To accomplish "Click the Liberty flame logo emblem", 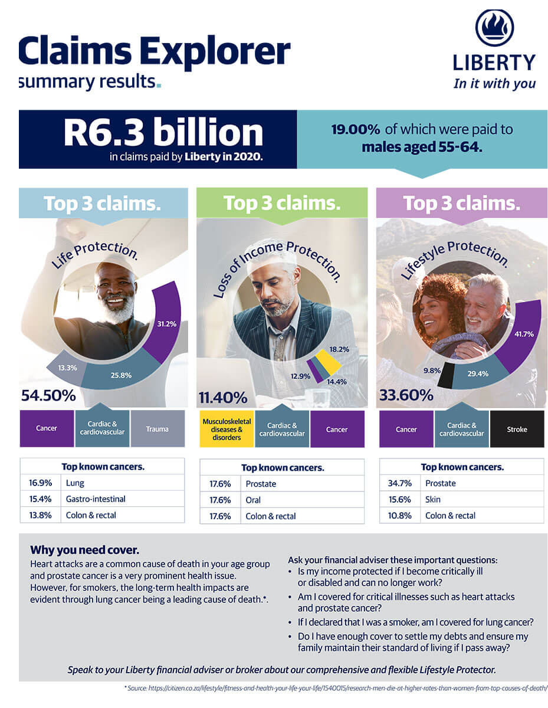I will (x=494, y=28).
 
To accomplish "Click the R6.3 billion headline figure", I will (x=163, y=133).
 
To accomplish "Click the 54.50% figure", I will (x=48, y=396).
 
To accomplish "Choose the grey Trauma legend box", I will (x=157, y=429).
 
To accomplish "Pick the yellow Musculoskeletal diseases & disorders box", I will (x=227, y=430).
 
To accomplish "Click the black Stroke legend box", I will (x=517, y=430).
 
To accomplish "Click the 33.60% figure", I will (x=406, y=396).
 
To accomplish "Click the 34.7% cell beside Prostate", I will (x=399, y=483).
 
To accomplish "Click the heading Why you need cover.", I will (x=84, y=550).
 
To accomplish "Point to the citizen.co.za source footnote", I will (x=336, y=688).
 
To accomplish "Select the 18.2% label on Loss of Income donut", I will (x=339, y=349).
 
